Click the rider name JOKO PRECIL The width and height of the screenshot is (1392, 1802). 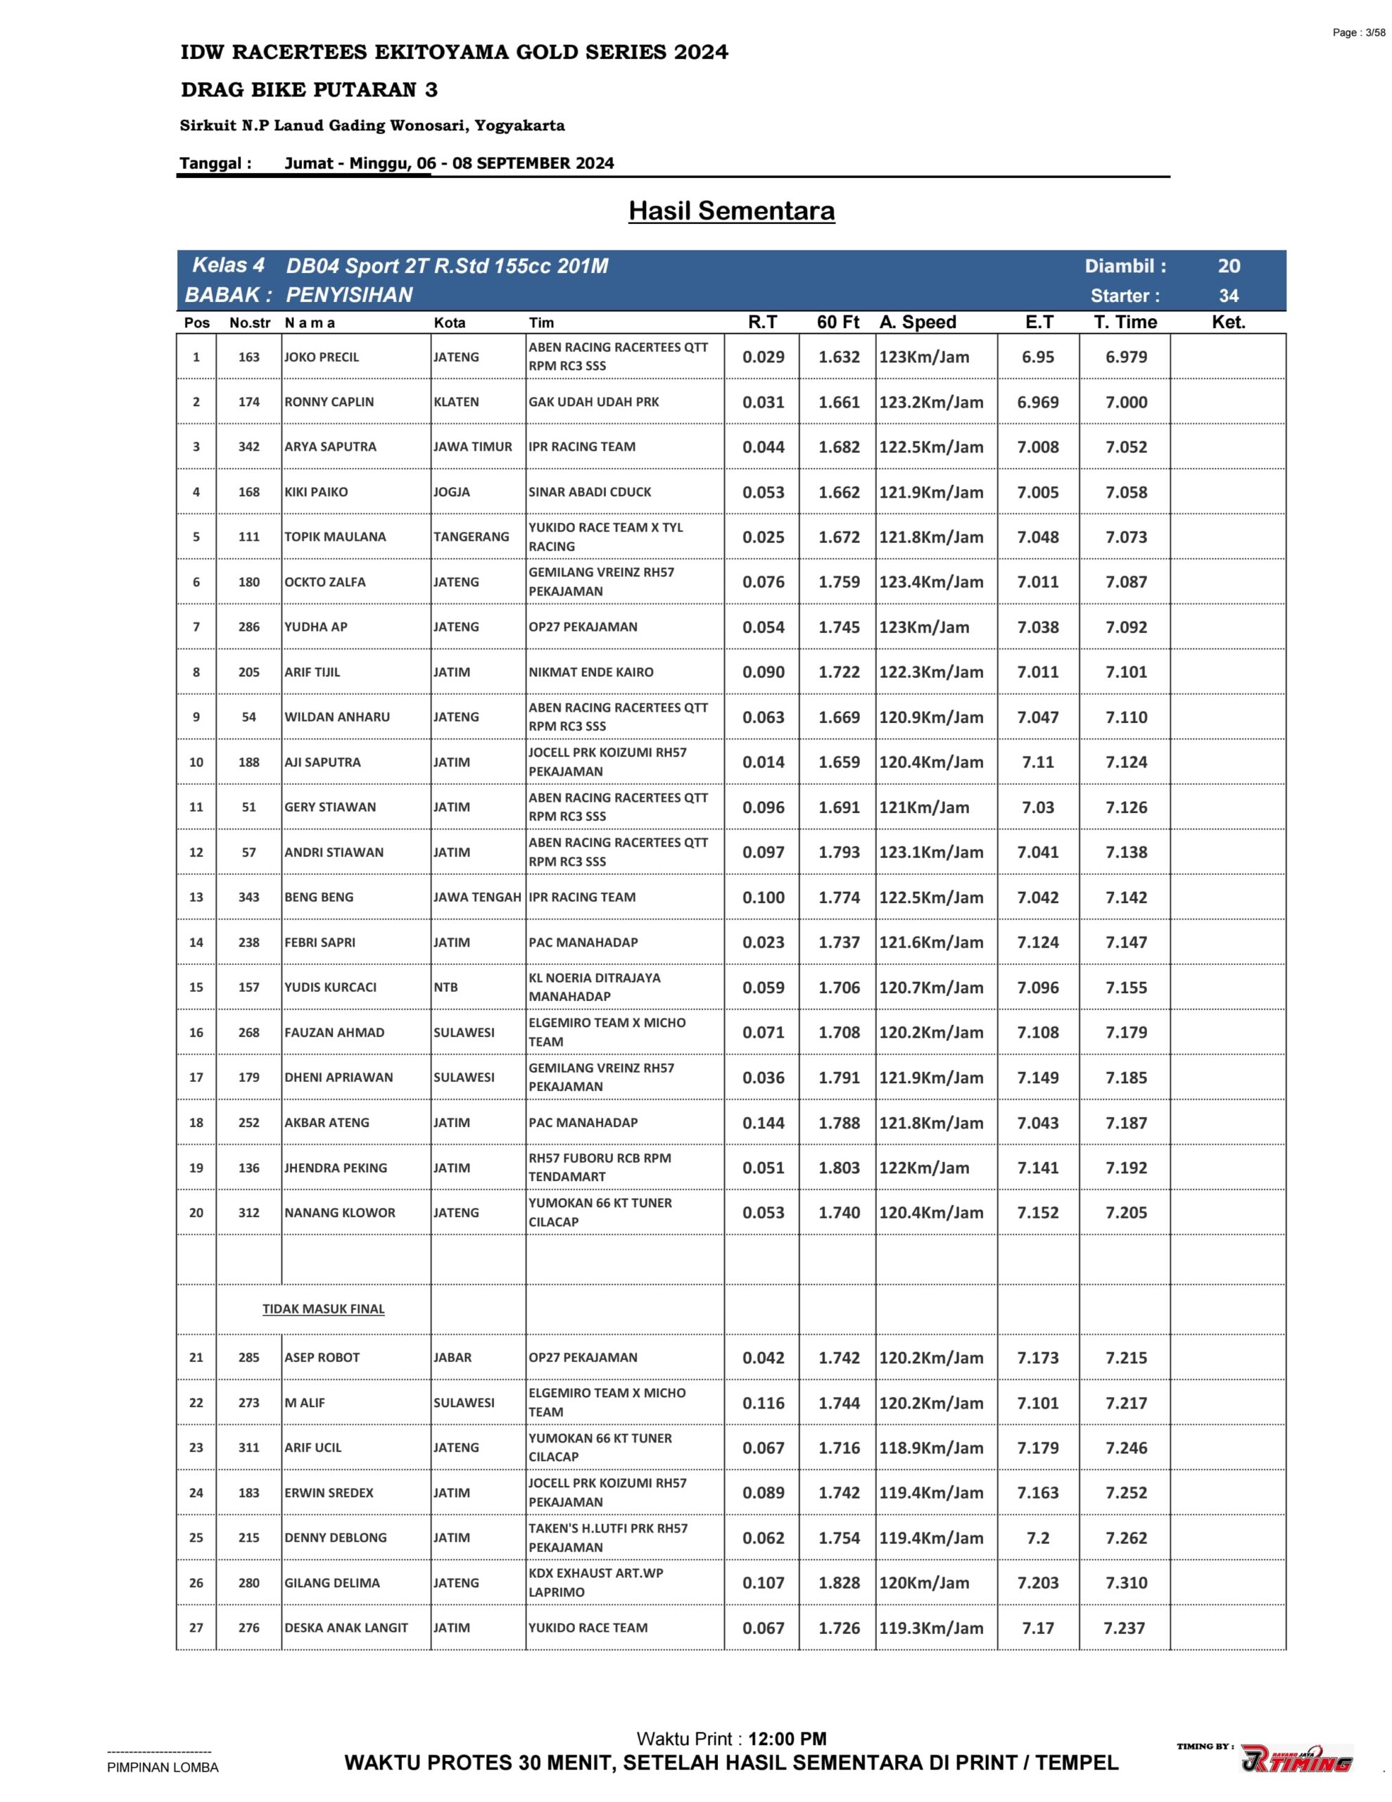(321, 358)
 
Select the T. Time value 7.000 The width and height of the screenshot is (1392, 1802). (1125, 403)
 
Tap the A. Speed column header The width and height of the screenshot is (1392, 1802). (918, 322)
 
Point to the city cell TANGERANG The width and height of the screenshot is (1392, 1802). (471, 537)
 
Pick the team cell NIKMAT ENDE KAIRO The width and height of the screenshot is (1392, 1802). (591, 672)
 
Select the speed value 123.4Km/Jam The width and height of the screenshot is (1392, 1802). (931, 583)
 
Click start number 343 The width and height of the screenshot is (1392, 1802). (248, 897)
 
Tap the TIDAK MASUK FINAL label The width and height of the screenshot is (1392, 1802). (324, 1309)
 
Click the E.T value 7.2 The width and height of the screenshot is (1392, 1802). (1037, 1538)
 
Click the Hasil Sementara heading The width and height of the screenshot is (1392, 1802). (731, 211)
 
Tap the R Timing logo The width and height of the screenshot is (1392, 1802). (1296, 1760)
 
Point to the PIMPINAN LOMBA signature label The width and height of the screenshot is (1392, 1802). (163, 1768)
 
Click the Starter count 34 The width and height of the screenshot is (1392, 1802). (1228, 296)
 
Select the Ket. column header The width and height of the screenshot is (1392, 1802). (1228, 322)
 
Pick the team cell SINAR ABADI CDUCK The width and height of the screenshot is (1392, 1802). (590, 493)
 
